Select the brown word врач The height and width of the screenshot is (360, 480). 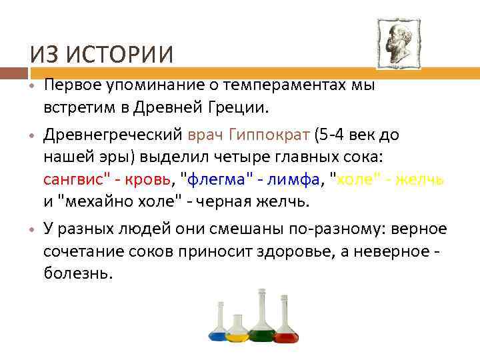pos(206,135)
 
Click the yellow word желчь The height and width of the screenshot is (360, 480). pos(421,181)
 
